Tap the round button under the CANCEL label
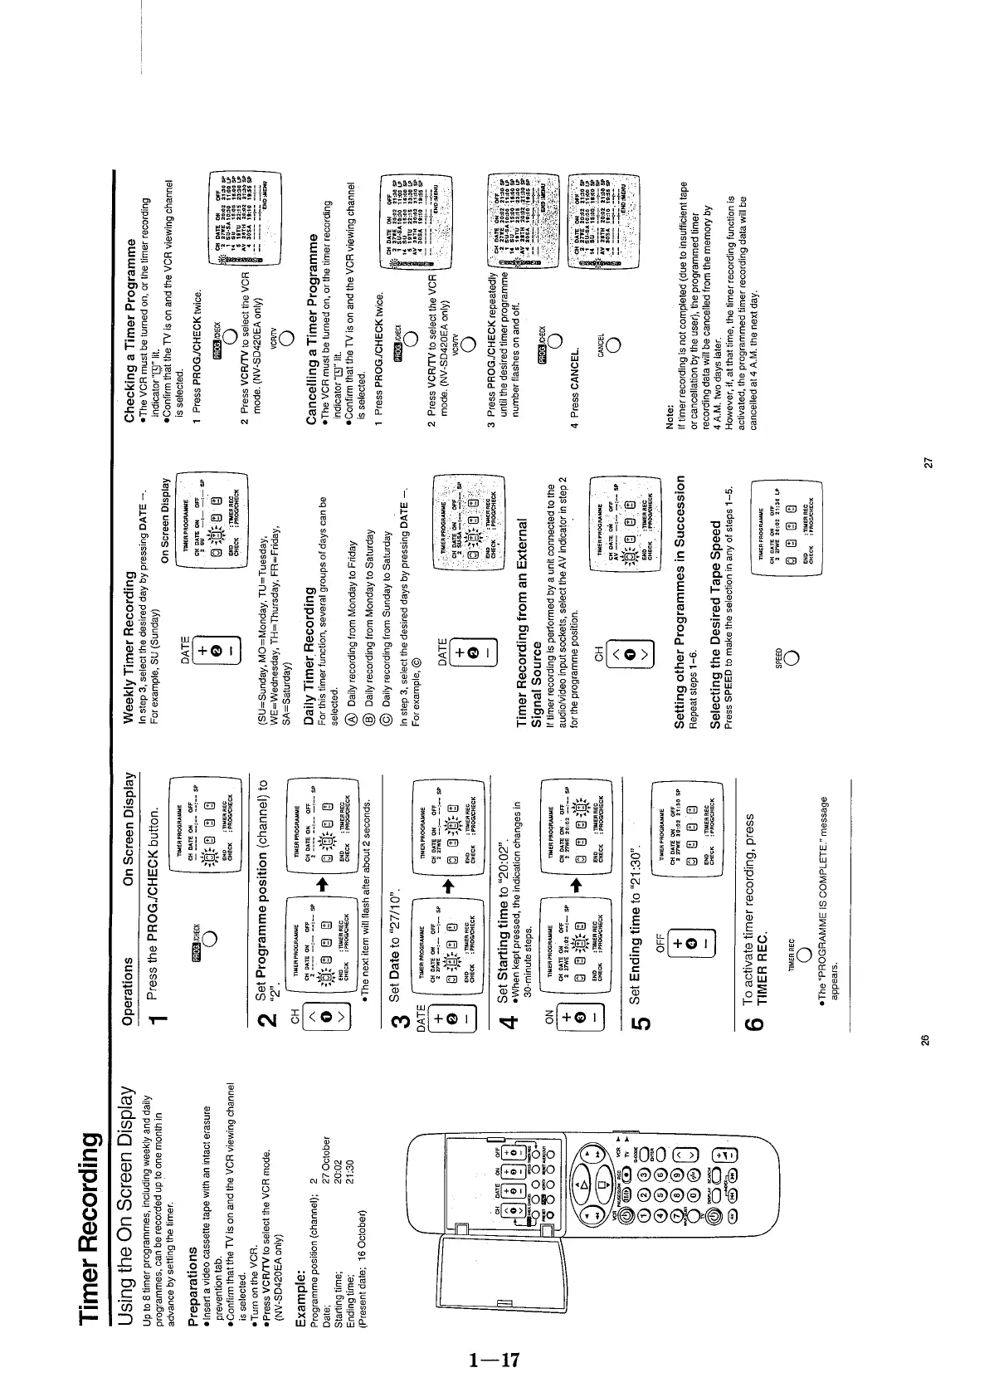tap(615, 345)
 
